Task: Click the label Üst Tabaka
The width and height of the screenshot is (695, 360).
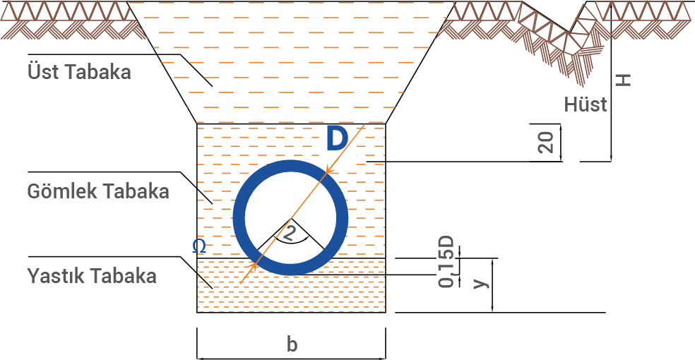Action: pos(79,71)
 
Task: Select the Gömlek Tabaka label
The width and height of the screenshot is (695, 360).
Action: pos(98,191)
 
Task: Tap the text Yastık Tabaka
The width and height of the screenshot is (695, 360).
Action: pos(92,276)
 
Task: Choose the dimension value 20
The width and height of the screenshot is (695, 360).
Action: pos(545,142)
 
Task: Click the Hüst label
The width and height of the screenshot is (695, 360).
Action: pos(586,105)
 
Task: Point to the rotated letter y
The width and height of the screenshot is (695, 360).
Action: pos(480,282)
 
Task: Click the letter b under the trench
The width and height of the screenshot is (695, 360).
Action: pos(292,344)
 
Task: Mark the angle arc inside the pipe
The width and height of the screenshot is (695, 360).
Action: pos(290,240)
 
